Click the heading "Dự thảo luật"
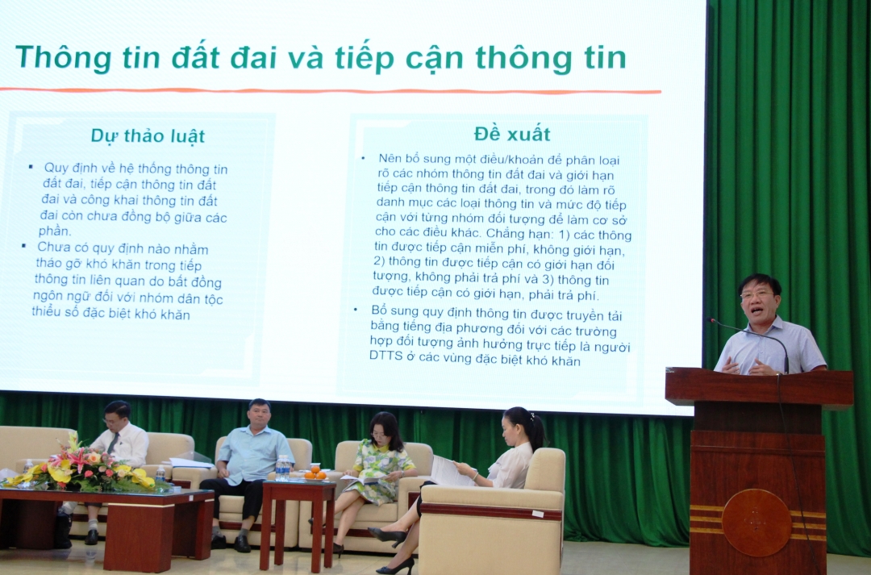(148, 136)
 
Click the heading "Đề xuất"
(512, 134)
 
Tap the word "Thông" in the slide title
(65, 58)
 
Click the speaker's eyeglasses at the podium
(756, 294)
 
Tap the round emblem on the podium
(756, 523)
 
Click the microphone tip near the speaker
(711, 320)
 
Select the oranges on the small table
(314, 473)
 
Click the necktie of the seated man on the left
(114, 443)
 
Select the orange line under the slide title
(331, 90)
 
